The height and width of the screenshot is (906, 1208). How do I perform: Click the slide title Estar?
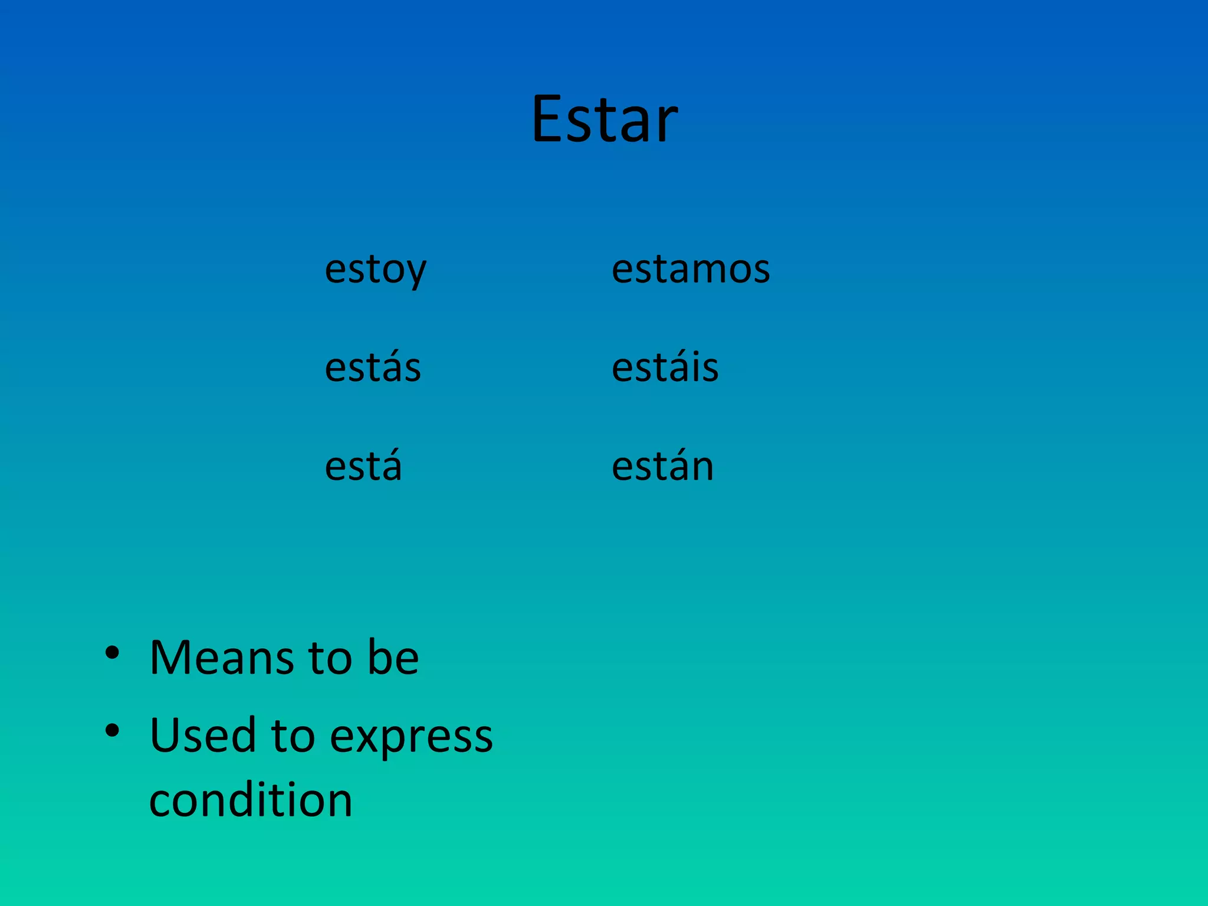tap(604, 119)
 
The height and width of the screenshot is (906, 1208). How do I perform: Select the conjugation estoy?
tap(375, 270)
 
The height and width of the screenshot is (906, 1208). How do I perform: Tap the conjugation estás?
tap(373, 367)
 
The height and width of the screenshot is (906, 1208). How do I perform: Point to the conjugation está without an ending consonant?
tap(363, 466)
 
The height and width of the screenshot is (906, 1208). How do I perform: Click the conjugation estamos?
tap(691, 270)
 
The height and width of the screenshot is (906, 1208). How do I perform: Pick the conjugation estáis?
tap(665, 367)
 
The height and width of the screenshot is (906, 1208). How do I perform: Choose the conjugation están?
tap(662, 466)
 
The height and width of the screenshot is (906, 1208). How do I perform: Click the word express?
tap(411, 737)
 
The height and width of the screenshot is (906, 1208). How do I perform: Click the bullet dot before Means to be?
tap(112, 653)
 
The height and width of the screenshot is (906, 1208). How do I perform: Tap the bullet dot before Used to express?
tap(112, 731)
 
